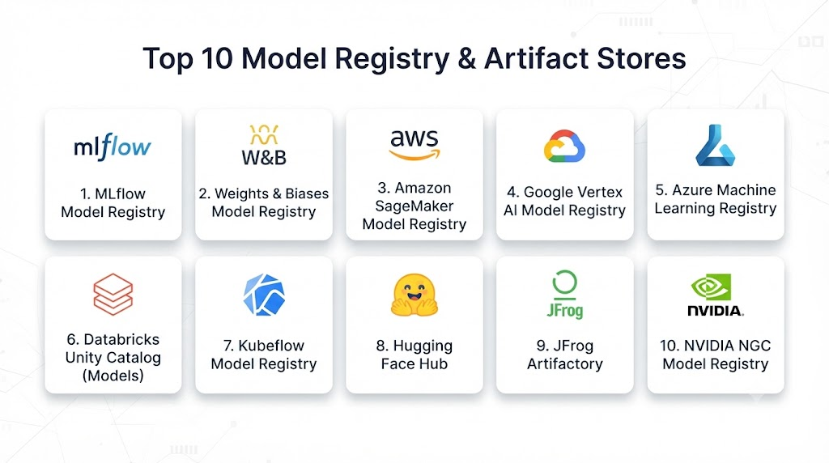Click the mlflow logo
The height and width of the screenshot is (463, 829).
(112, 147)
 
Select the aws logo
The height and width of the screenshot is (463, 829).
(414, 144)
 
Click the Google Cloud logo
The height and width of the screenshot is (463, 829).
(564, 146)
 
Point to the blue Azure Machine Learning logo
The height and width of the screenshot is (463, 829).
(716, 146)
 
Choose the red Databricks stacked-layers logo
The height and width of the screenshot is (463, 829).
(113, 294)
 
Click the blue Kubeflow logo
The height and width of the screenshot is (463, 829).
(264, 295)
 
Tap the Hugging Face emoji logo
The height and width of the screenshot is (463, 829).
(414, 295)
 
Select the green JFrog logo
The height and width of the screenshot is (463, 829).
(564, 295)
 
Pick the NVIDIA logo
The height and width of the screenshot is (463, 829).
(716, 295)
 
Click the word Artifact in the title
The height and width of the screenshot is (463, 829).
(536, 58)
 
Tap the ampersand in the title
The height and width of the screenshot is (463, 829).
(466, 58)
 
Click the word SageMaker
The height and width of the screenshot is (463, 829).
(414, 206)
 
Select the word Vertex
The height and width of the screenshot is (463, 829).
(598, 192)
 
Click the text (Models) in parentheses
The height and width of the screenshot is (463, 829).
(113, 376)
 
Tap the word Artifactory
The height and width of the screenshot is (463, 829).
(564, 363)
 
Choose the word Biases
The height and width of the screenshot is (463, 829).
(307, 193)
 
